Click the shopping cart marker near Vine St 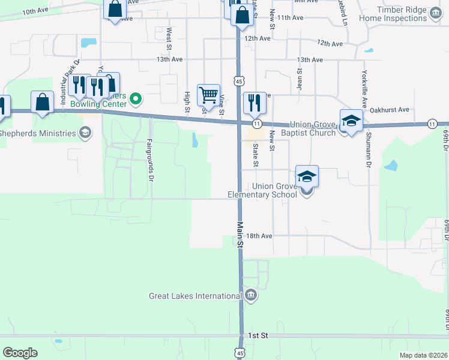pos(208,95)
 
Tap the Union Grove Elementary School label pos(262,190)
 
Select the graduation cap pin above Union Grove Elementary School pos(307,176)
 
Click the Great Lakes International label pos(196,296)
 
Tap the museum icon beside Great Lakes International pos(251,295)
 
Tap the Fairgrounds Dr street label pos(149,160)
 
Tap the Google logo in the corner pos(20,353)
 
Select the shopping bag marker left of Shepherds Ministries pos(43,103)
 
